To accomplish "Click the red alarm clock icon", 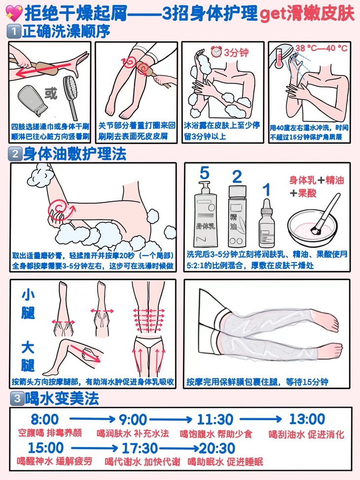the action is tap(216, 51).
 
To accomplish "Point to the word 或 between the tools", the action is tap(51, 93).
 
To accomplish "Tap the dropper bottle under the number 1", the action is tap(267, 223).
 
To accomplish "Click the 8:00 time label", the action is tap(45, 419).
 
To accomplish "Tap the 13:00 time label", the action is tap(307, 419).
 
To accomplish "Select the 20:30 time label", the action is tap(217, 448).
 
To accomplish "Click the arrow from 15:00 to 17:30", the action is tap(94, 448).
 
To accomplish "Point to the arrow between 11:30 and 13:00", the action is tap(260, 419).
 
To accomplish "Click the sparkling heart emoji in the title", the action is tap(14, 13).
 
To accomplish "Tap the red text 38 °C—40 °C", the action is tap(322, 48).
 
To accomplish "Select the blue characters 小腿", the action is tap(28, 304).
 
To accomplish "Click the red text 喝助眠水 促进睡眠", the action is tap(225, 462).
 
